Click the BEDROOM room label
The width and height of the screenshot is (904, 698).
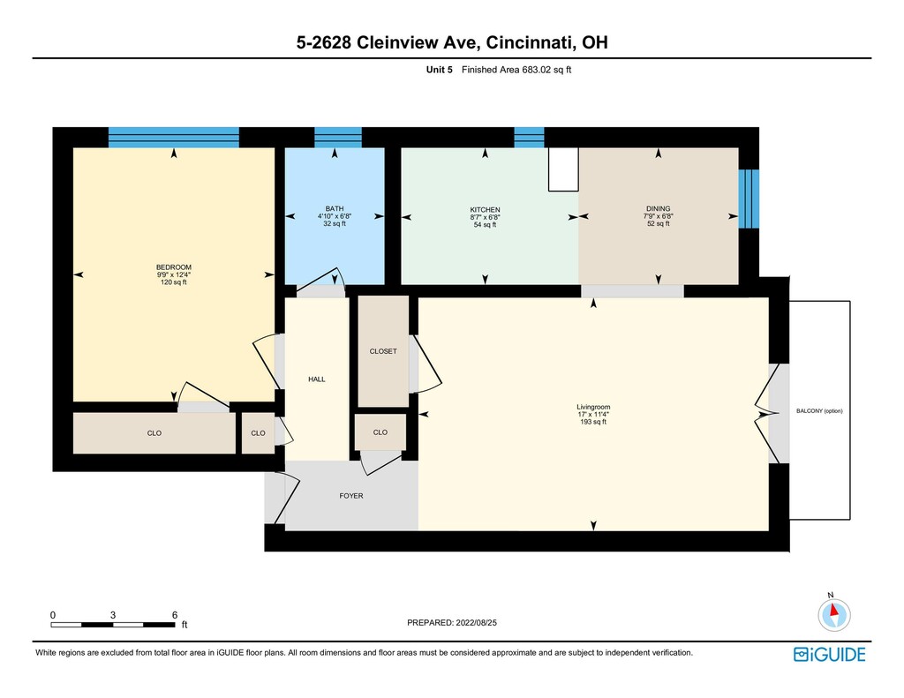174,267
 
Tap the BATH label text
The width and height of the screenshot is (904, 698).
335,208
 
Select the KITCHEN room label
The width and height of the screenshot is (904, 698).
485,210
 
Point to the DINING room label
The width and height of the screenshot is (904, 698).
659,208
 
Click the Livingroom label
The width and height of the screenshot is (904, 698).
593,407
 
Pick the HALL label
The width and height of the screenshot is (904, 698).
317,379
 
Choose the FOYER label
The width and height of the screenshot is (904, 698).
351,496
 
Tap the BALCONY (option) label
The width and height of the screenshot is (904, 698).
819,411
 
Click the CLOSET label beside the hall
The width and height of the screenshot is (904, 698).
383,351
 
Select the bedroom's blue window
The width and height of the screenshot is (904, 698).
174,137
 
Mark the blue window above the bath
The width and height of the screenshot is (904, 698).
338,137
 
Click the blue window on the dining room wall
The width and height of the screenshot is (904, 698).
749,199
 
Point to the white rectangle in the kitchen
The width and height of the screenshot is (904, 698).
563,169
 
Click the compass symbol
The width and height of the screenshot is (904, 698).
833,614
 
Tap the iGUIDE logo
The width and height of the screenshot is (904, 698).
830,655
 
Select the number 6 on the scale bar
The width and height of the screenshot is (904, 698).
175,615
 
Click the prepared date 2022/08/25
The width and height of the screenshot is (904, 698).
476,622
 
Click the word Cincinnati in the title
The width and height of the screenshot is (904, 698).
530,42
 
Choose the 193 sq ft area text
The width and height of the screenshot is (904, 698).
593,422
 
